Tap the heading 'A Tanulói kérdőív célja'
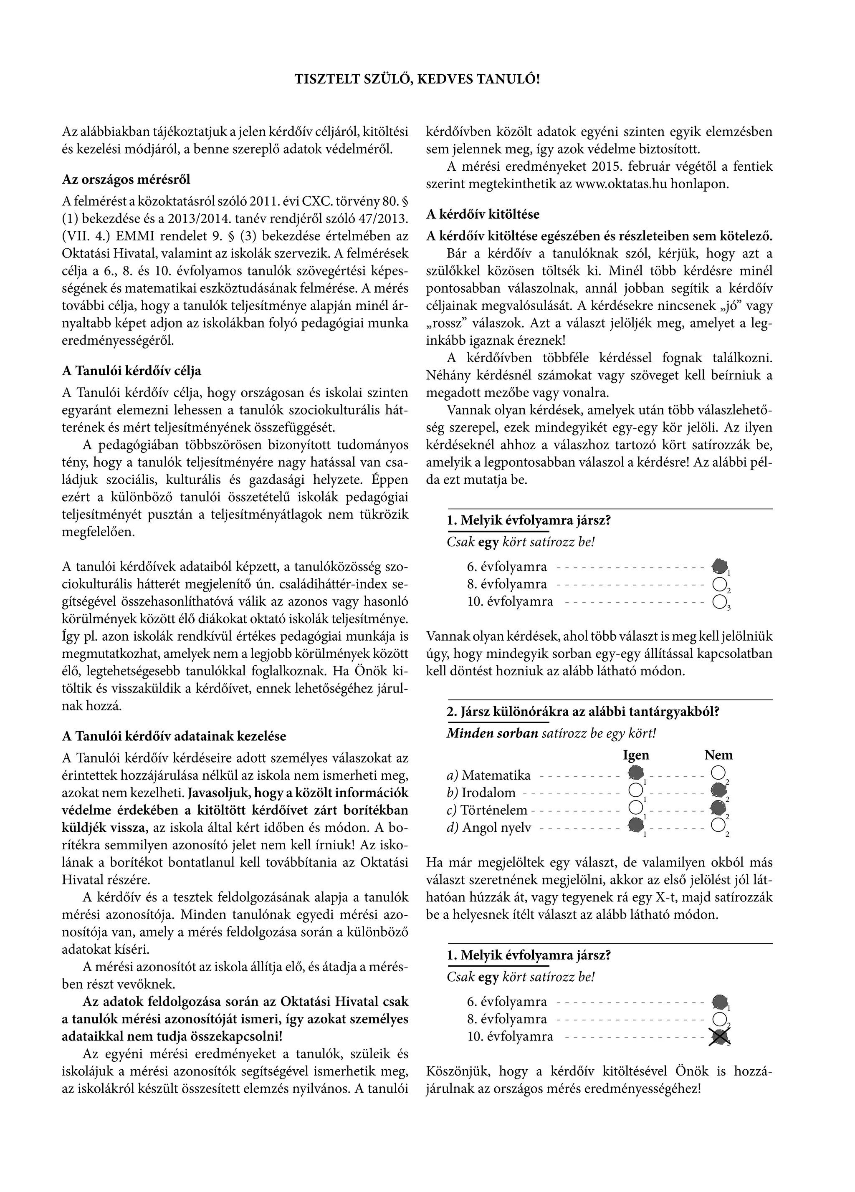point(132,371)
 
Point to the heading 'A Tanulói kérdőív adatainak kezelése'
point(174,736)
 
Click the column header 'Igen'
point(636,755)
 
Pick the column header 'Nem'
point(718,755)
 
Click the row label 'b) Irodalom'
point(481,793)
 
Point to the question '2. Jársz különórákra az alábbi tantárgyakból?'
point(583,712)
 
